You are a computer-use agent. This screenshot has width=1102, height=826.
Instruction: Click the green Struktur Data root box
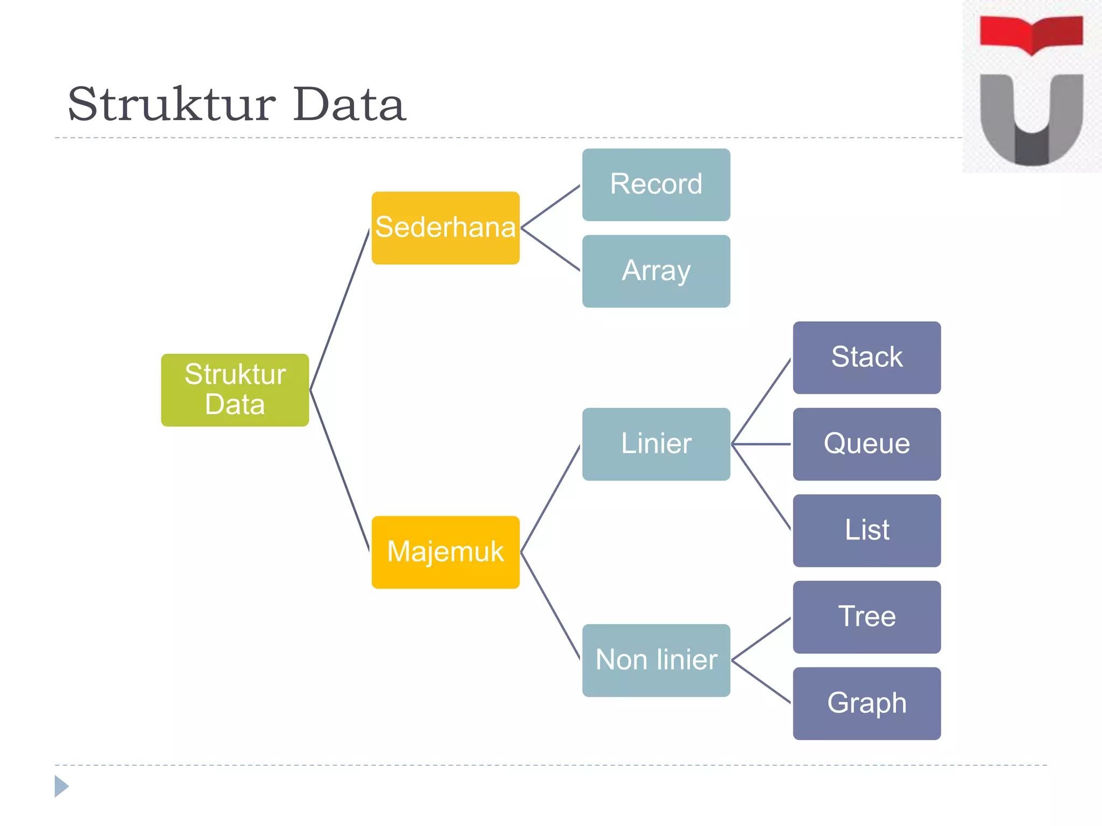[x=235, y=390]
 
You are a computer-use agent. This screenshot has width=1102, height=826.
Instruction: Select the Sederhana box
[x=446, y=227]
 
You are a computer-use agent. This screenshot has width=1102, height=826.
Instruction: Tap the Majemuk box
[x=446, y=552]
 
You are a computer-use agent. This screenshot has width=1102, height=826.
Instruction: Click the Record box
[x=656, y=184]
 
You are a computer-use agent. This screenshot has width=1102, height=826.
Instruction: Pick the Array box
[x=656, y=271]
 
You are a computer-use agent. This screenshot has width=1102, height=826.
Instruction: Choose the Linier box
[x=656, y=444]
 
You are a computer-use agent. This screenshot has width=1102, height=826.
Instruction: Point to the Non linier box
[x=656, y=660]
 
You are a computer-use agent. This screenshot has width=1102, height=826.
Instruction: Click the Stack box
[x=866, y=358]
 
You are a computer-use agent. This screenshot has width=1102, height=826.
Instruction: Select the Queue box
[x=866, y=444]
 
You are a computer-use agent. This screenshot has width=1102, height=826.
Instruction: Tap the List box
[x=866, y=530]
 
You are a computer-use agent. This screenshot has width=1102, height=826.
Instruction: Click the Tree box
[x=866, y=617]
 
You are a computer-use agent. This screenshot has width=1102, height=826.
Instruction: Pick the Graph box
[x=866, y=703]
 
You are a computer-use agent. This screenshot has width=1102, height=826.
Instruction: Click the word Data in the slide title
[x=349, y=104]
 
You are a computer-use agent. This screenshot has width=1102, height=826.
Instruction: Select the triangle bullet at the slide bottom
[x=61, y=786]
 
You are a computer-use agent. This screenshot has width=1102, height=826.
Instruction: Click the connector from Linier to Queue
[x=761, y=444]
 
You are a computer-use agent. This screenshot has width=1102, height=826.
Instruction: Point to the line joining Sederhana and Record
[x=550, y=206]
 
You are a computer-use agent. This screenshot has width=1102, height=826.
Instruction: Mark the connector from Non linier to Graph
[x=761, y=681]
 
